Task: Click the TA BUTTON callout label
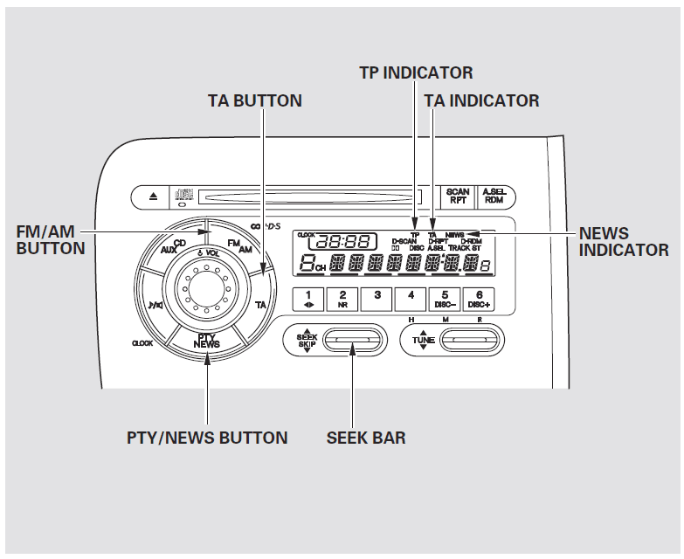[x=254, y=100]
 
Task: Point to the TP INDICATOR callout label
[x=416, y=72]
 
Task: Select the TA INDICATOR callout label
[x=481, y=100]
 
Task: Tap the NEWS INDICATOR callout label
[x=624, y=242]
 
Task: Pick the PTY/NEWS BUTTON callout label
[x=207, y=438]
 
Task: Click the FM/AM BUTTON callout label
[x=51, y=240]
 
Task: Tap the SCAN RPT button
[x=458, y=197]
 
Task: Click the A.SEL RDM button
[x=494, y=197]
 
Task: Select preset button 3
[x=377, y=299]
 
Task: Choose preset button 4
[x=411, y=299]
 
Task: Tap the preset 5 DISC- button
[x=445, y=299]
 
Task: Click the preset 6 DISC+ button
[x=479, y=299]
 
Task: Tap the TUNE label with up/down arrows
[x=423, y=340]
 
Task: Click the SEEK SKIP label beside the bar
[x=306, y=340]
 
